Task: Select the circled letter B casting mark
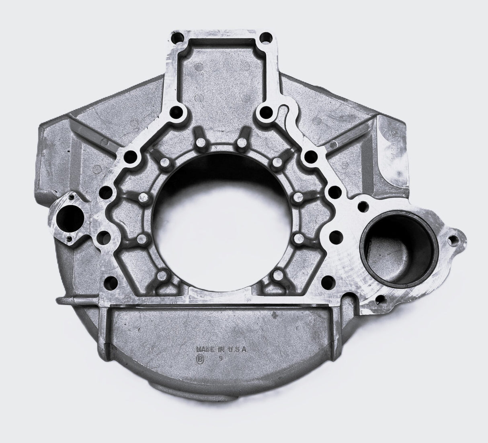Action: coord(199,359)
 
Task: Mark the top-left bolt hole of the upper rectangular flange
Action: coord(176,39)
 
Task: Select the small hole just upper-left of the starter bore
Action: coord(363,207)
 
